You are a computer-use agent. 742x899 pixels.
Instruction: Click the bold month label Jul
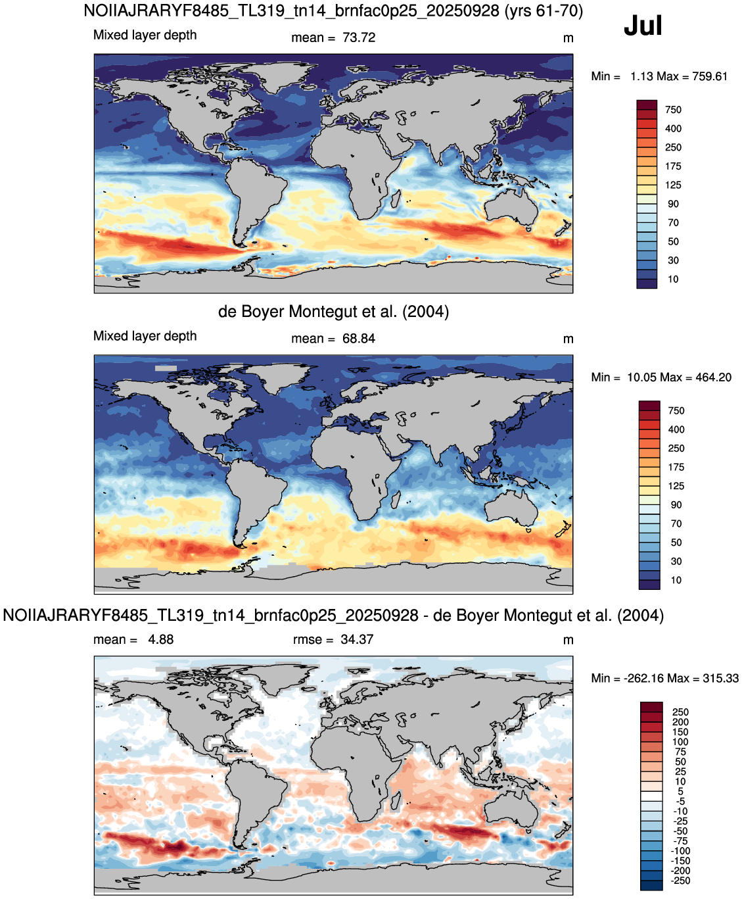[x=643, y=26]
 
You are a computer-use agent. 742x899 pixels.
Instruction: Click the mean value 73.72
[x=359, y=38]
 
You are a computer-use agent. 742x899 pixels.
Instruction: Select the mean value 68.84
[x=359, y=339]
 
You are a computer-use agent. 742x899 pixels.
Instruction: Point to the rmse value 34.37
[x=357, y=640]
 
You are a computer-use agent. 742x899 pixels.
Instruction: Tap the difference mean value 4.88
[x=160, y=640]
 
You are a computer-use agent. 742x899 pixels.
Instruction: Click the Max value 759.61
[x=710, y=77]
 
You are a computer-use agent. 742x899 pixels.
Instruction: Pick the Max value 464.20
[x=713, y=377]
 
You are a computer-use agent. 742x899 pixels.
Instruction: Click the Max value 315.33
[x=720, y=679]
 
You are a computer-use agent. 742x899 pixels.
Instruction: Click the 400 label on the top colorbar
[x=673, y=129]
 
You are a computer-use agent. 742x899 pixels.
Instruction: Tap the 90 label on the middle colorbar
[x=676, y=505]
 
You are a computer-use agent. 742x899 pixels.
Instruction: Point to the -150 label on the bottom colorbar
[x=680, y=861]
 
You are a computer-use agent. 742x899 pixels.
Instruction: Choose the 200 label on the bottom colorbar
[x=680, y=723]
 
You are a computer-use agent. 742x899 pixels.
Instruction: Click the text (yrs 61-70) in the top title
[x=544, y=11]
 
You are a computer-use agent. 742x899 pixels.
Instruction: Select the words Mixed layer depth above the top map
[x=145, y=36]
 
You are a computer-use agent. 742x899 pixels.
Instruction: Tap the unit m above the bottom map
[x=568, y=641]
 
